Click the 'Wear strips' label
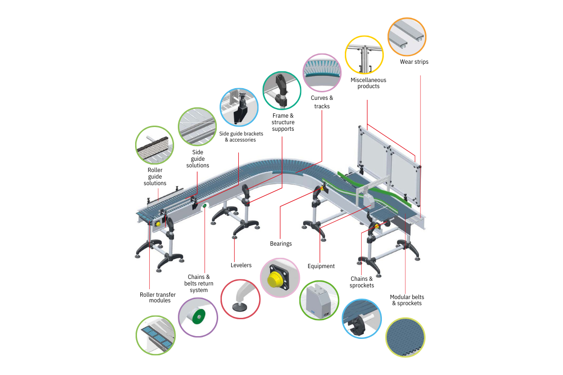pyautogui.click(x=414, y=62)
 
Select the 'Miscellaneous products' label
pyautogui.click(x=368, y=83)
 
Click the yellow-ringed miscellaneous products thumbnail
pyautogui.click(x=364, y=54)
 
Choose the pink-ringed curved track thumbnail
pyautogui.click(x=322, y=72)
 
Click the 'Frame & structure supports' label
pyautogui.click(x=283, y=122)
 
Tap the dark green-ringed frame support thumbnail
pyautogui.click(x=281, y=90)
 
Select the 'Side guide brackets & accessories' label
pyautogui.click(x=241, y=136)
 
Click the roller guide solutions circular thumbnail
pyautogui.click(x=154, y=145)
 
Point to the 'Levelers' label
pyautogui.click(x=241, y=265)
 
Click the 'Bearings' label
pyautogui.click(x=281, y=244)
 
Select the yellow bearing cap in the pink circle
pyautogui.click(x=274, y=280)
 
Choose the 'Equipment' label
pyautogui.click(x=321, y=266)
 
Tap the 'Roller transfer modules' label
pyautogui.click(x=158, y=298)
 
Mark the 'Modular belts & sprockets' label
pyautogui.click(x=406, y=300)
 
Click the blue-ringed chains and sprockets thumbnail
pyautogui.click(x=361, y=319)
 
